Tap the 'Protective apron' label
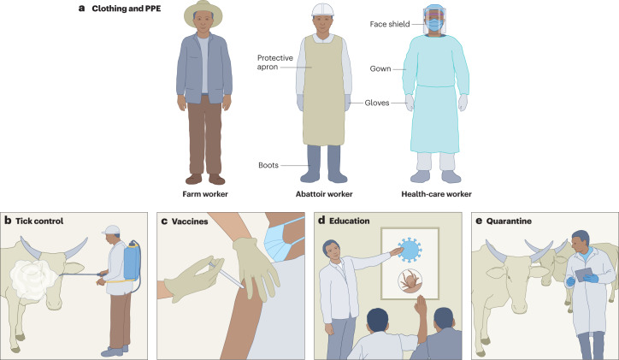tap(276, 63)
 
